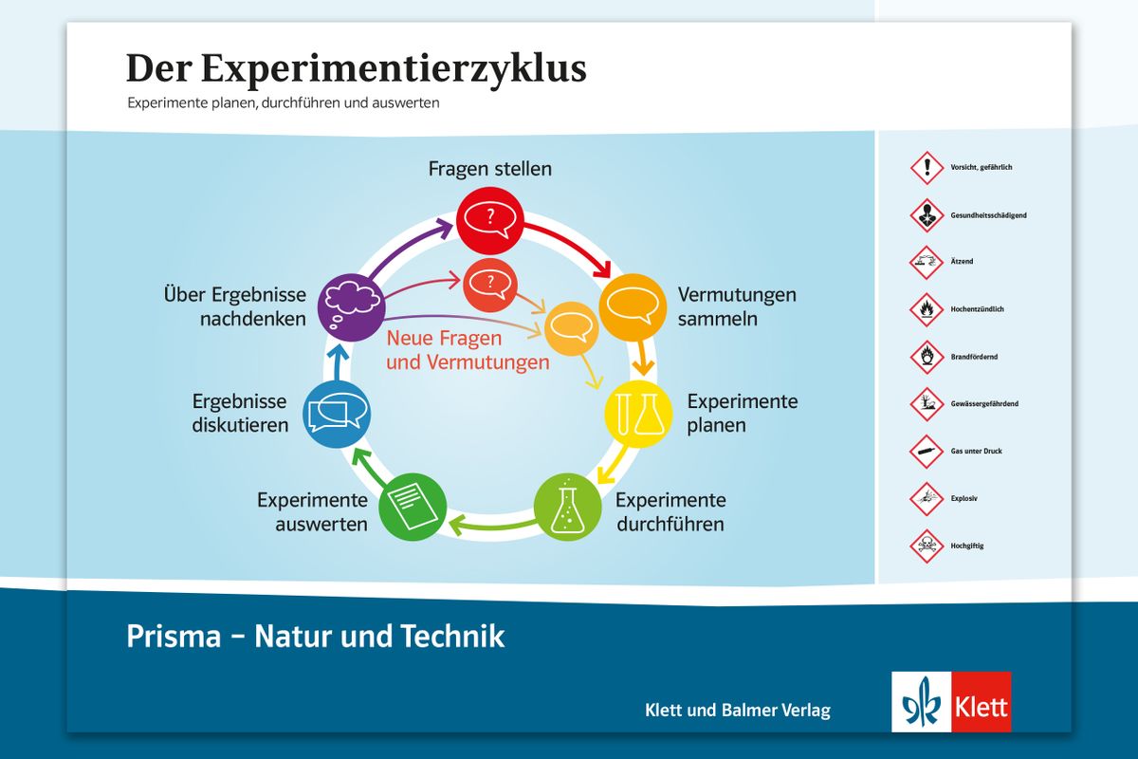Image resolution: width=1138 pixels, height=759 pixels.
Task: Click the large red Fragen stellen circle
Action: pyautogui.click(x=489, y=221)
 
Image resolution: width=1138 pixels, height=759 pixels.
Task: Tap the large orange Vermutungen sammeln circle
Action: pyautogui.click(x=633, y=307)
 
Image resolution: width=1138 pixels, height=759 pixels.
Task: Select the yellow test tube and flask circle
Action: pyautogui.click(x=638, y=414)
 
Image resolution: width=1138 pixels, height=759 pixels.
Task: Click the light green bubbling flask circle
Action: pyautogui.click(x=567, y=507)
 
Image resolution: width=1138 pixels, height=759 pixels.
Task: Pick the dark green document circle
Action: pyautogui.click(x=413, y=507)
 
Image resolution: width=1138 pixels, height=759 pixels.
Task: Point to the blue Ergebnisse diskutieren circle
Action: pyautogui.click(x=337, y=415)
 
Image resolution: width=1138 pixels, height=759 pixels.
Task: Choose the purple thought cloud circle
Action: pyautogui.click(x=352, y=307)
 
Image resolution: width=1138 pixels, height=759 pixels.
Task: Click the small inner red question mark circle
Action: pyautogui.click(x=490, y=286)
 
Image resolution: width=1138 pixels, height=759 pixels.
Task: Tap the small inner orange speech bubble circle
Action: pyautogui.click(x=572, y=328)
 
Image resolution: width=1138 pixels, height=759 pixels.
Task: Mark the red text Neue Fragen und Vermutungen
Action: pyautogui.click(x=468, y=350)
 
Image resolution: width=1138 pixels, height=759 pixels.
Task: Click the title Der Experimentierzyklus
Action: pyautogui.click(x=357, y=68)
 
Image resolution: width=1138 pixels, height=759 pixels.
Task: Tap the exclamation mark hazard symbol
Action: pyautogui.click(x=927, y=167)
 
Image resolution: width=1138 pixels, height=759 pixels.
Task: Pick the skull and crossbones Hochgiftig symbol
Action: pyautogui.click(x=927, y=546)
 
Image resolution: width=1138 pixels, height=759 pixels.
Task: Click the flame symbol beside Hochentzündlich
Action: pyautogui.click(x=927, y=309)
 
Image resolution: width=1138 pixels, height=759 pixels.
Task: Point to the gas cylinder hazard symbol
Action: pyautogui.click(x=927, y=451)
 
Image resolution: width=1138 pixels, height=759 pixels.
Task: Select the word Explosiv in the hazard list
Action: pyautogui.click(x=964, y=499)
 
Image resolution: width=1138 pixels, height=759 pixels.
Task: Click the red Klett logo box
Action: pyautogui.click(x=982, y=701)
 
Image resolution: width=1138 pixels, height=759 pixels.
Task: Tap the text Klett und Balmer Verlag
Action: pyautogui.click(x=738, y=710)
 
